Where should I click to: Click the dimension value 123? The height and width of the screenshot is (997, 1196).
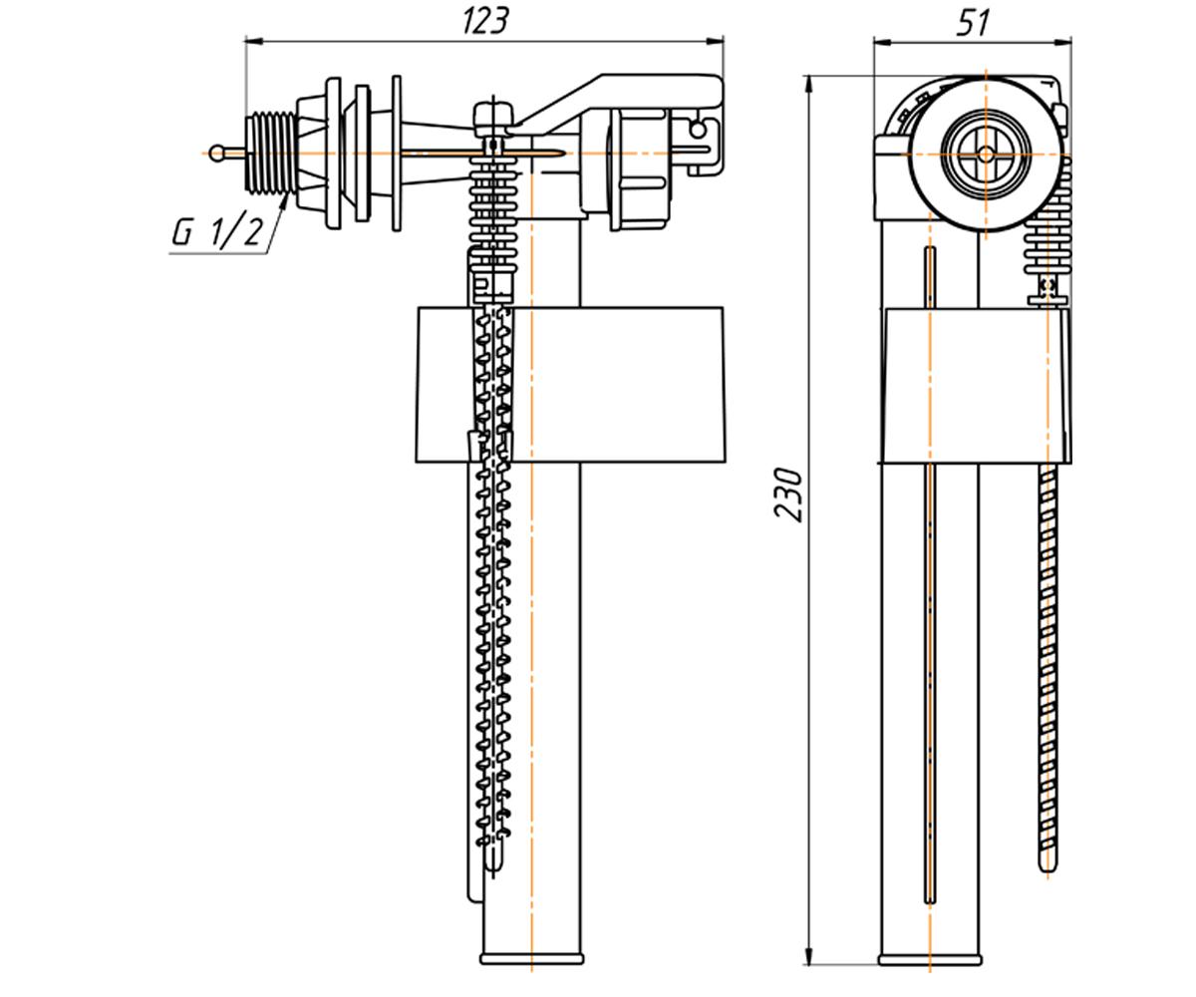pos(485,22)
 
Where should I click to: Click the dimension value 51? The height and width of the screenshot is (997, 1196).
pos(973,24)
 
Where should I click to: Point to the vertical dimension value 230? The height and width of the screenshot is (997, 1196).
pos(788,494)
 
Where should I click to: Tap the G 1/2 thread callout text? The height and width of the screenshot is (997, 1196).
pos(217,229)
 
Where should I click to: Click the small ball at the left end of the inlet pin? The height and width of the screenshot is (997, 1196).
pos(217,153)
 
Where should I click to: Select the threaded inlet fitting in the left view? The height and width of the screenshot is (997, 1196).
pos(270,153)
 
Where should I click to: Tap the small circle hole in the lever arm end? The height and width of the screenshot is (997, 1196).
pos(698,130)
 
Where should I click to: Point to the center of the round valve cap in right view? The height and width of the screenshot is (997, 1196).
pos(986,154)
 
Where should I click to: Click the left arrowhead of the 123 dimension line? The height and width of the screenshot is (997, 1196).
pos(254,41)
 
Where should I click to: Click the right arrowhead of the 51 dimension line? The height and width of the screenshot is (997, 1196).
pos(1062,41)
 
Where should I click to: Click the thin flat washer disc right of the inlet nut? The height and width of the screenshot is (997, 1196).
pos(397,154)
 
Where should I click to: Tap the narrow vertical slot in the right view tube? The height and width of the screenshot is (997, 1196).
pos(930,574)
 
